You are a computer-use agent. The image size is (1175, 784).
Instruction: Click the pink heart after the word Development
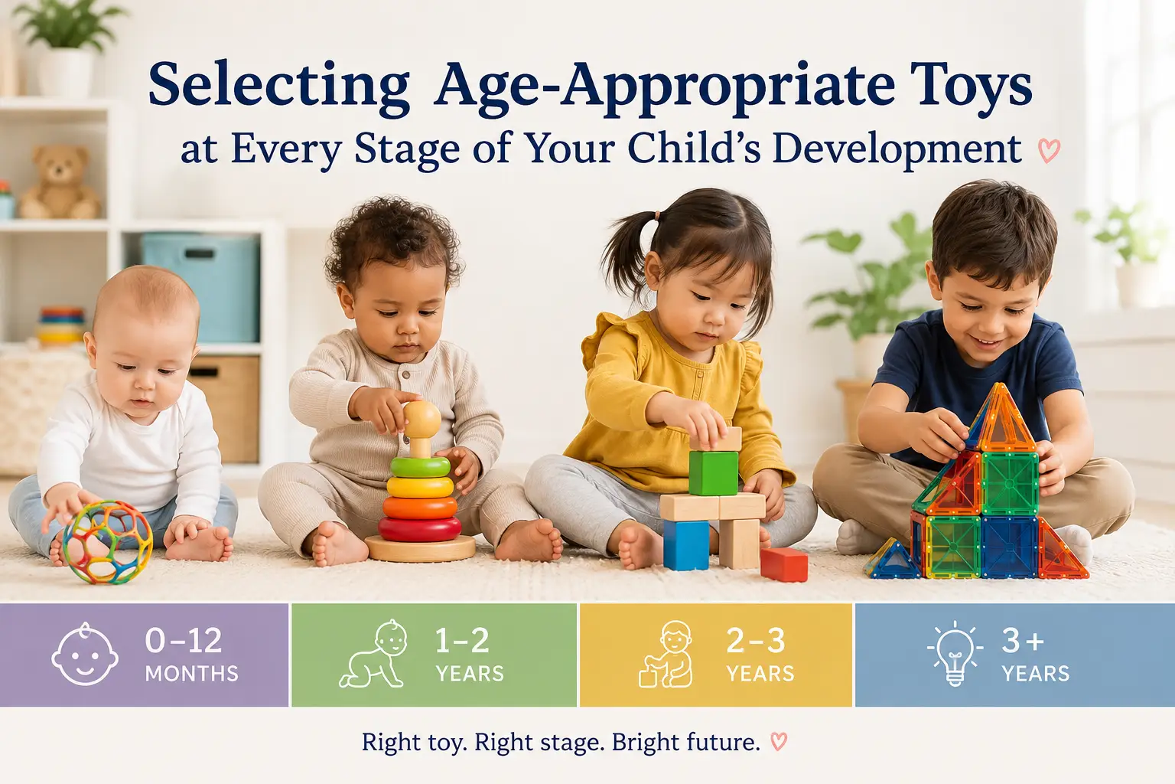click(x=1049, y=151)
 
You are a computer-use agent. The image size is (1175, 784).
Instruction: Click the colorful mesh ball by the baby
click(x=108, y=542)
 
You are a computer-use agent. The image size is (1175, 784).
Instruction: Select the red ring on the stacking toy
click(x=420, y=528)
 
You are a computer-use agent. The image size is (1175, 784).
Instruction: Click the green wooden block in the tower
click(x=713, y=473)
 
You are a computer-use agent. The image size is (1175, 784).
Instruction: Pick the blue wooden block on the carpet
click(x=686, y=544)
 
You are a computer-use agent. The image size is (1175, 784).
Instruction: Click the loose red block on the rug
click(x=784, y=564)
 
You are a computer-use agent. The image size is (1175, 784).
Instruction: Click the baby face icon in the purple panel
click(x=85, y=655)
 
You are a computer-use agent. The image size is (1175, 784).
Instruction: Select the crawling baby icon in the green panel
click(x=373, y=655)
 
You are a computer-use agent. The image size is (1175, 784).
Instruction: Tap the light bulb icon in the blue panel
click(x=954, y=653)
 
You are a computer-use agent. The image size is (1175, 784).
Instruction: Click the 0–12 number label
click(x=183, y=641)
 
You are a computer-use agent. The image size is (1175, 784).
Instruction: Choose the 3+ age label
click(x=1023, y=641)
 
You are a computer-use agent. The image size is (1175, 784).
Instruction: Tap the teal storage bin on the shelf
click(x=201, y=286)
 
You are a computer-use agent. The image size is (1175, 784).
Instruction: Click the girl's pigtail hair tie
click(x=656, y=216)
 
